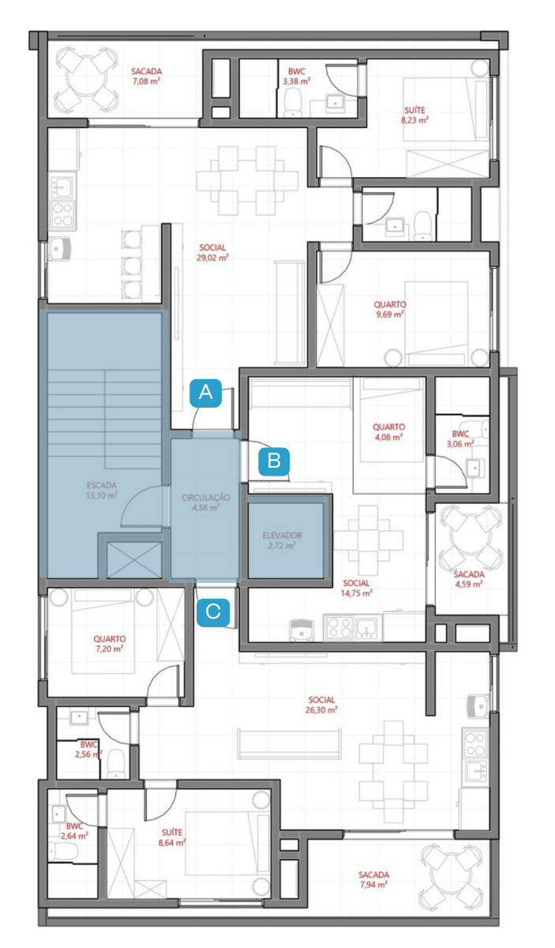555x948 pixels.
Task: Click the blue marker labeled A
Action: coord(205,393)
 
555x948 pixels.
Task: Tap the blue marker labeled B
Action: coord(274,461)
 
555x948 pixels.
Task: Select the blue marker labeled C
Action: coord(213,612)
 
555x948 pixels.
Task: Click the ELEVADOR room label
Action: coord(282,536)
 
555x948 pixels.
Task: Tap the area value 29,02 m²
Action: coord(212,258)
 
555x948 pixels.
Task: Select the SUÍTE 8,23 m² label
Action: coord(414,115)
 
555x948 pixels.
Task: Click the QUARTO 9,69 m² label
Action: coord(389,310)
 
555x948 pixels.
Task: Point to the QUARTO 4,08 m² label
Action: coord(388,432)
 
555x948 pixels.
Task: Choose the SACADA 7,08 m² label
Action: coord(146,76)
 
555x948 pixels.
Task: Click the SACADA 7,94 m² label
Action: coord(374,879)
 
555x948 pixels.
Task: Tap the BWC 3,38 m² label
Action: coord(297,76)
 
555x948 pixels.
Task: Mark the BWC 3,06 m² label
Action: coord(460,439)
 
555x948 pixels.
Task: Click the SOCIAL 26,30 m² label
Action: coord(321,705)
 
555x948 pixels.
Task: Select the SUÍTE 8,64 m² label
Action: coord(172,837)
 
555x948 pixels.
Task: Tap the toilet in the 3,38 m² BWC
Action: coord(293,103)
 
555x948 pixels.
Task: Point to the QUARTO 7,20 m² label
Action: coord(110,644)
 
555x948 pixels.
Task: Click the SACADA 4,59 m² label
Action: coord(469,579)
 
